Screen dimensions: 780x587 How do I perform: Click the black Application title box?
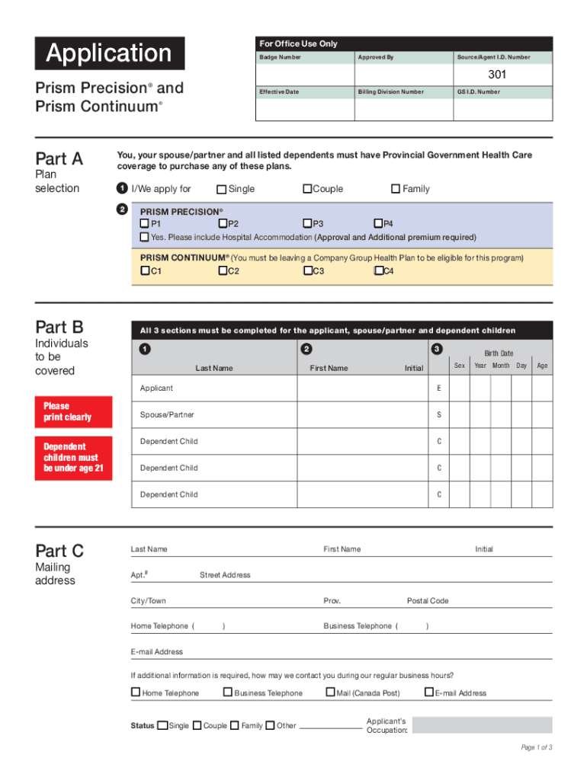pos(109,53)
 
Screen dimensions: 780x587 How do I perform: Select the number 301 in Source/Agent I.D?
pos(497,75)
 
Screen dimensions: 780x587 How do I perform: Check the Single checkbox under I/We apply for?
pos(221,189)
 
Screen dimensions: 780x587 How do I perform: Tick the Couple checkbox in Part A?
pos(307,189)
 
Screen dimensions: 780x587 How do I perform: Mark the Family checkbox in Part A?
pos(396,189)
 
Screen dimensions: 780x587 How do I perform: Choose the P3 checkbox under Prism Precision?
pos(307,224)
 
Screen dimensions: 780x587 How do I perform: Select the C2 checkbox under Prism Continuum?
pos(223,271)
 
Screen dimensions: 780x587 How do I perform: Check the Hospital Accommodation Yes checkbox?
pos(144,237)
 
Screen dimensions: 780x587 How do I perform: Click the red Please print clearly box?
pos(74,412)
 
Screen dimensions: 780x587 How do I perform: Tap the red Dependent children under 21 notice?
pos(74,458)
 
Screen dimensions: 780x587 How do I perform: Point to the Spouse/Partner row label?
pos(167,415)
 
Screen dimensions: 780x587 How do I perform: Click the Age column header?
pos(542,366)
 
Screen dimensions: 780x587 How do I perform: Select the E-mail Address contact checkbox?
pos(428,692)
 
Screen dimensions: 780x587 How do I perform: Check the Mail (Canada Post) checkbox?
pos(330,692)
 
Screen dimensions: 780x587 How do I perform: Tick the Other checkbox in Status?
pos(271,725)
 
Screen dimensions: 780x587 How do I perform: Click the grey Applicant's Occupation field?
pos(482,725)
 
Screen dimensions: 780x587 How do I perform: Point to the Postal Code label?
pos(428,601)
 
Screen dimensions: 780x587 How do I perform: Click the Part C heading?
pos(59,551)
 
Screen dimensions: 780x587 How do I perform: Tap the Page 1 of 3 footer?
pos(537,747)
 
